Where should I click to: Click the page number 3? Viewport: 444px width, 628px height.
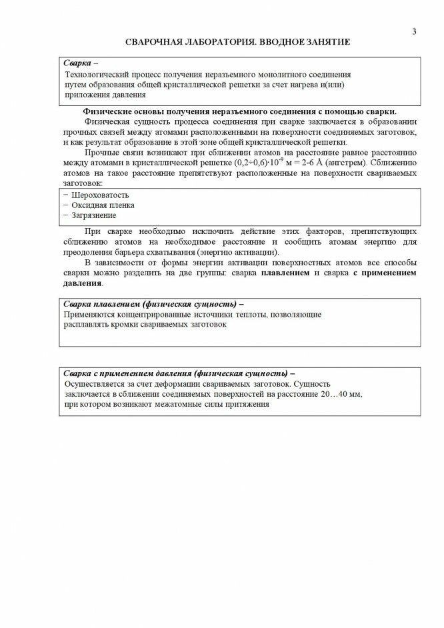pyautogui.click(x=414, y=31)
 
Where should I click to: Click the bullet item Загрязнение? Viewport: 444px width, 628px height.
pyautogui.click(x=93, y=215)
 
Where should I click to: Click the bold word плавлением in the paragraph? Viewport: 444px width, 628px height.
pyautogui.click(x=286, y=273)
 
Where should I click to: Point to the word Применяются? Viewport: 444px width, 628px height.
pyautogui.click(x=89, y=313)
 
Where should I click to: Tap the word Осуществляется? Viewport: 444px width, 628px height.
pyautogui.click(x=94, y=384)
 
